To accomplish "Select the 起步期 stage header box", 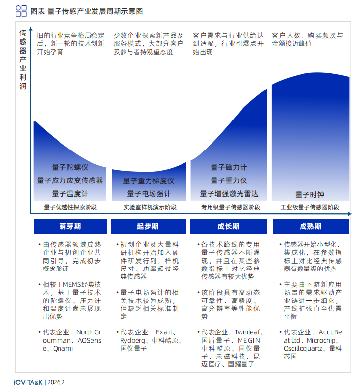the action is [x=148, y=226].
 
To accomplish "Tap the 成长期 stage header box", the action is [x=228, y=226].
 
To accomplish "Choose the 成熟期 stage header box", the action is [x=310, y=226].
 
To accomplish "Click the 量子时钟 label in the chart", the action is [x=310, y=194].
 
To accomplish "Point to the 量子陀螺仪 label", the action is [x=70, y=167].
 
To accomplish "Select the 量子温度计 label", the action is [x=70, y=194].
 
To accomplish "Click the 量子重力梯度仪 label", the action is [x=149, y=181].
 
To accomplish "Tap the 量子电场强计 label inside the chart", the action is [x=149, y=194].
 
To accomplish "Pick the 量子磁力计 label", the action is [x=229, y=168].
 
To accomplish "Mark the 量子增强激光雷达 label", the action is [x=229, y=194].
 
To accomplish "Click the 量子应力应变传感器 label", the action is [x=70, y=180].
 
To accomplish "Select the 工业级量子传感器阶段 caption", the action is [x=310, y=207].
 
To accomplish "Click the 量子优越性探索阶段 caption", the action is [x=70, y=207].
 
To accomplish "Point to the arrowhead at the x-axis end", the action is [x=350, y=214].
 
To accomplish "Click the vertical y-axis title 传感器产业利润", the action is [x=23, y=60].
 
